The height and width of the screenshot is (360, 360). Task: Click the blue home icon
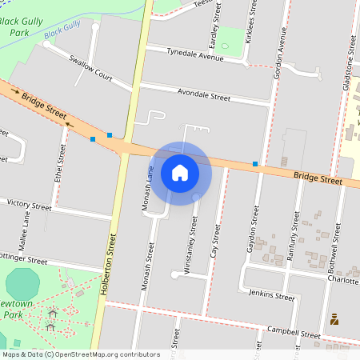pos(180,172)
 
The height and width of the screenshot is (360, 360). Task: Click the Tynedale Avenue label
pos(194,54)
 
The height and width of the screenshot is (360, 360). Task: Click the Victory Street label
pos(28,206)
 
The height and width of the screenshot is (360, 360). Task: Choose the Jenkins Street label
pos(272,295)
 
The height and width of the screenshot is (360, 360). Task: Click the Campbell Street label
pos(294,332)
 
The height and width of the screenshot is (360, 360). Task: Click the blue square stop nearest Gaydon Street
pos(255,164)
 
